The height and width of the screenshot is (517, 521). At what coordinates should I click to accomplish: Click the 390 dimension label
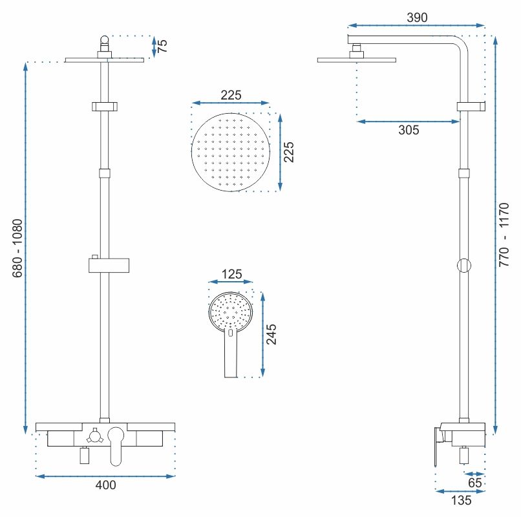[418, 17]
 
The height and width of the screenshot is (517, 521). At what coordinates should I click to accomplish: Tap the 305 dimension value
[409, 130]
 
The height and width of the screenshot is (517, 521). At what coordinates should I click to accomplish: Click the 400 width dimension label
[105, 485]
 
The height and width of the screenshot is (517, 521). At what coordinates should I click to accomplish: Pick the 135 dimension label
[460, 500]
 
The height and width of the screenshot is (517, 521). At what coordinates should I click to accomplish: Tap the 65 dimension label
[475, 482]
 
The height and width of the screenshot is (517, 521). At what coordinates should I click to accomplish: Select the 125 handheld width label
[231, 274]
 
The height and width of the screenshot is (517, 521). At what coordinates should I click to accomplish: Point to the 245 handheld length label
[272, 333]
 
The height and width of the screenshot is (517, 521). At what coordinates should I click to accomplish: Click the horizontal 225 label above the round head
[231, 95]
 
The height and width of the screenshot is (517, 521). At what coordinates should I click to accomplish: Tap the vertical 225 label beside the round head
[289, 152]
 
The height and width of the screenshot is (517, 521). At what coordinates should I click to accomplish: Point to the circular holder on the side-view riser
[463, 265]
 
